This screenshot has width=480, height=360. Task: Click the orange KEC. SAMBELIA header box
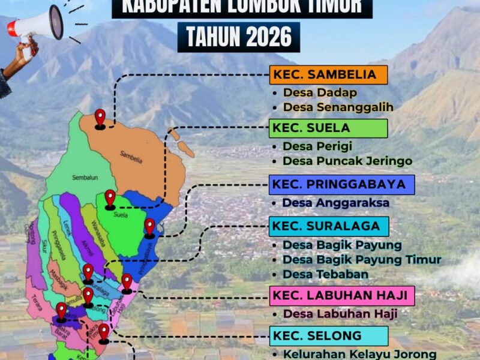pos(328,75)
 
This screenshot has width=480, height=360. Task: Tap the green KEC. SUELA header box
pos(328,128)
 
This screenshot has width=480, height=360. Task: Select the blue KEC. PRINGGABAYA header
pos(341,184)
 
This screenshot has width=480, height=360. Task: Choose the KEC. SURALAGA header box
pos(329,226)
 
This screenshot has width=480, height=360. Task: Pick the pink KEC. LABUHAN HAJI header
pos(342,295)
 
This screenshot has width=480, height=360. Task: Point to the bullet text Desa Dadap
pos(320,93)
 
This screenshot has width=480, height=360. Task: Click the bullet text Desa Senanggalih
pos(338,107)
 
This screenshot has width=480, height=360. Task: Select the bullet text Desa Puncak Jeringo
pos(347,161)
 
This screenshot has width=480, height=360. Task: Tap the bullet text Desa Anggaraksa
pos(335,203)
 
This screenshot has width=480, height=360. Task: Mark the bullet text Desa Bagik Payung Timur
pos(362,260)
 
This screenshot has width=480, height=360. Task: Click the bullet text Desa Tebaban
pos(325,274)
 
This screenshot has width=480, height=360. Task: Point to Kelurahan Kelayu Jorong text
pos(359,354)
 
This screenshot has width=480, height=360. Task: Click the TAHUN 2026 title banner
pos(239,37)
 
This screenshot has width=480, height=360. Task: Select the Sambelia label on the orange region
pos(131,159)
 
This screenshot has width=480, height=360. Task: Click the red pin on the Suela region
pos(110,199)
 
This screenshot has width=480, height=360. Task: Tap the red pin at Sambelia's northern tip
pos(100,118)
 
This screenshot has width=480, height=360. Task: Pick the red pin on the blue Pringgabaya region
pos(149,227)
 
